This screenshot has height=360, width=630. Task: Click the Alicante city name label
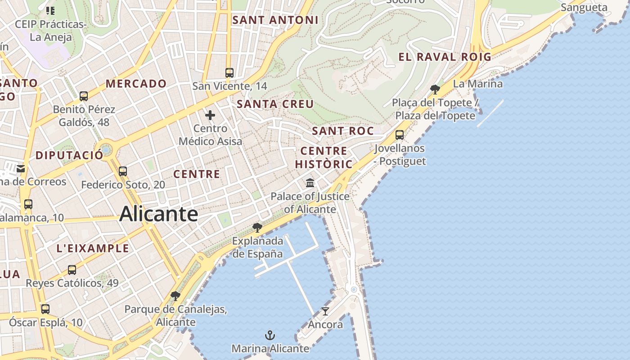point(158,214)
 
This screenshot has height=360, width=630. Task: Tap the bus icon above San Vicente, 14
point(229,72)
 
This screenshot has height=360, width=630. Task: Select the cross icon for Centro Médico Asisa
point(210,116)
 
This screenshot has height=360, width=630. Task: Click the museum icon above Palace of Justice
point(310,183)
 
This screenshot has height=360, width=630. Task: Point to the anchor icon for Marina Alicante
point(270,335)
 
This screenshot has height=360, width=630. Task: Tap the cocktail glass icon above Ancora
point(325,311)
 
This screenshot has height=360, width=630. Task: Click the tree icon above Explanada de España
point(257,227)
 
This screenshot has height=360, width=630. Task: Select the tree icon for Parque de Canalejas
point(175,296)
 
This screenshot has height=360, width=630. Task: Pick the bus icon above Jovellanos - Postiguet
point(399,135)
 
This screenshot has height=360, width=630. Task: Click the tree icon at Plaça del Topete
point(435,89)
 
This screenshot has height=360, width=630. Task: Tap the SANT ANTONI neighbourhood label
point(275,20)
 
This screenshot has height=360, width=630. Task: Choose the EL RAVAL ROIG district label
point(445,57)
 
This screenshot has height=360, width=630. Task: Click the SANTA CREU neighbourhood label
point(275,104)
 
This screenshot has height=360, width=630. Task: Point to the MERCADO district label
point(136,84)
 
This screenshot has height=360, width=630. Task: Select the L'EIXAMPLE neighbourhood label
point(93,248)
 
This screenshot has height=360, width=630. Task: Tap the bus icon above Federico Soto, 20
point(123,171)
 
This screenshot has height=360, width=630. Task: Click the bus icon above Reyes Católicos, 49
point(72,270)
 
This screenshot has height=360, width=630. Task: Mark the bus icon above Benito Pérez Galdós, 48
point(84,96)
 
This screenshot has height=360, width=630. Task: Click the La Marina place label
point(477,84)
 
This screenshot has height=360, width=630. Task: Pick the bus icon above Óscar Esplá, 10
point(45,309)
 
